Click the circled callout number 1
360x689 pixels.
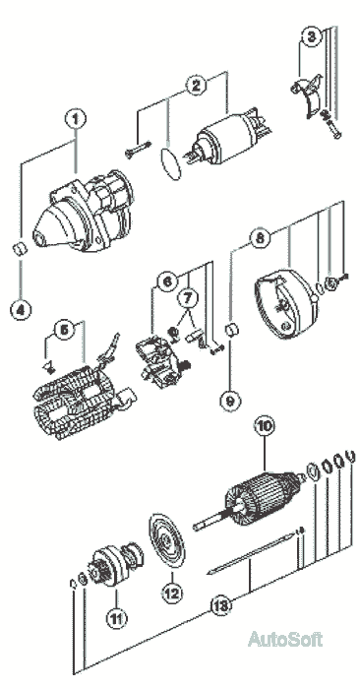point(76,118)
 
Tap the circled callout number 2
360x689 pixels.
point(196,86)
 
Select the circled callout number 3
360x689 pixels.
point(311,36)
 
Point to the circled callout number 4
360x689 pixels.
point(21,310)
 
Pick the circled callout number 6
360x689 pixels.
point(167,282)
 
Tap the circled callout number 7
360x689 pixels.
point(188,299)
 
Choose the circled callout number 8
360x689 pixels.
point(260,238)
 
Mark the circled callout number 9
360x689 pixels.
point(231,401)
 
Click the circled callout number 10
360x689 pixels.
point(266,426)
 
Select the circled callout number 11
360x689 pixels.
point(116,619)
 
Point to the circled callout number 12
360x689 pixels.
point(172,594)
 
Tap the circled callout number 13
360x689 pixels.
point(220,606)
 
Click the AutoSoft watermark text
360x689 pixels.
point(285,639)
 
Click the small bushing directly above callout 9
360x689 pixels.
point(231,330)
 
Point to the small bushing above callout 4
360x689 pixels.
point(20,249)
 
